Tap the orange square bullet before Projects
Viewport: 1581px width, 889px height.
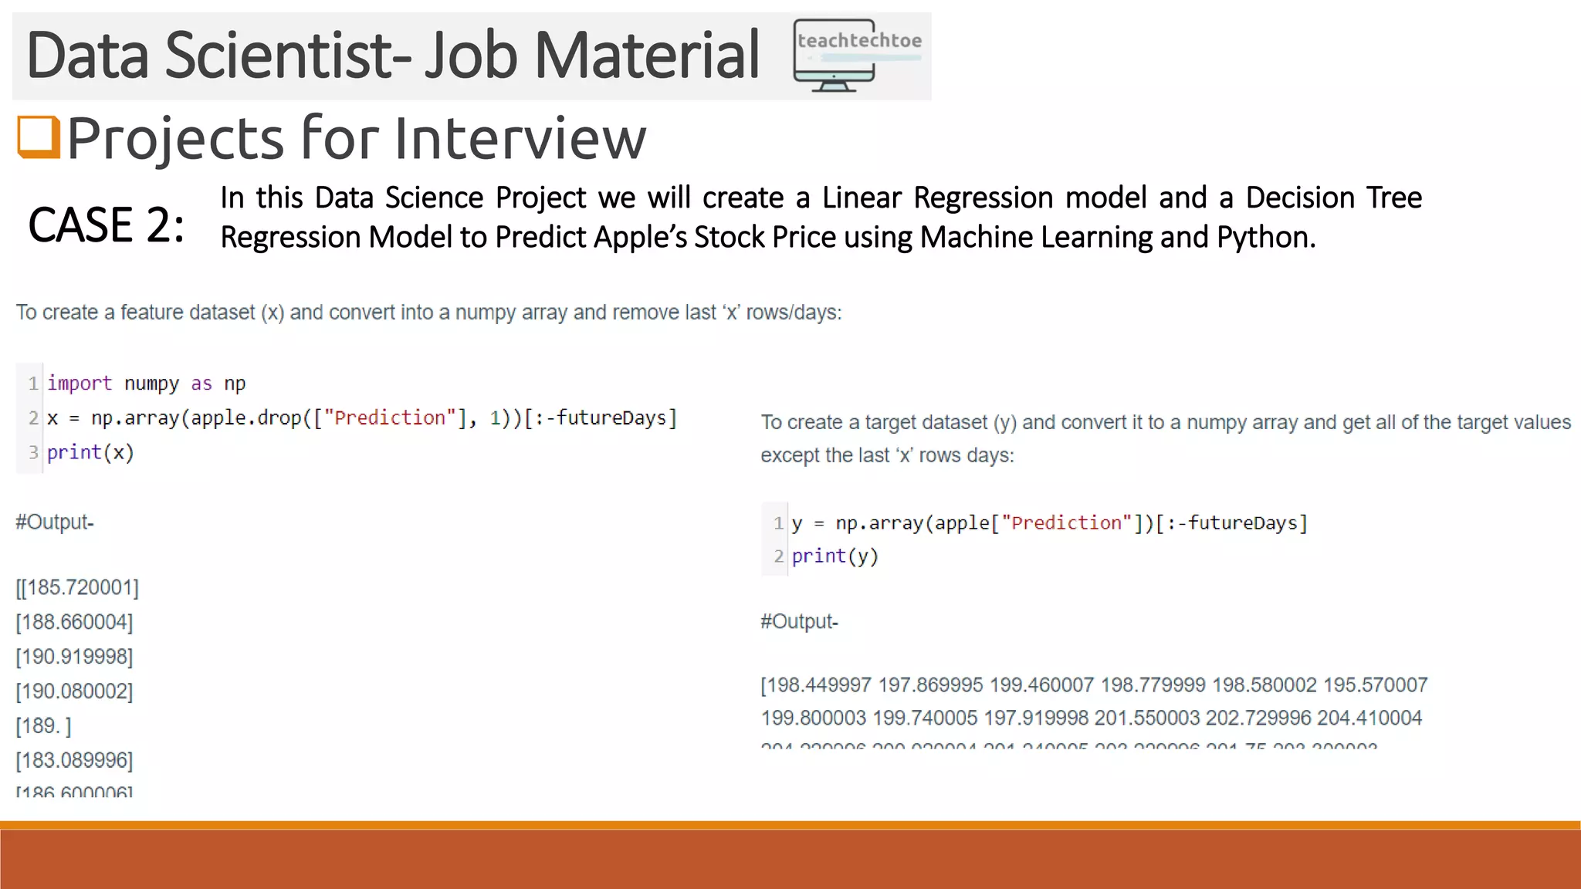pyautogui.click(x=39, y=137)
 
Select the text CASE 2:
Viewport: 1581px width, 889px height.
pyautogui.click(x=107, y=225)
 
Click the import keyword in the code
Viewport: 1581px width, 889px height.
pyautogui.click(x=80, y=384)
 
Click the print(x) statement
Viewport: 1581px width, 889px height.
pyautogui.click(x=90, y=453)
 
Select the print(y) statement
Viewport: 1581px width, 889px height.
pyautogui.click(x=835, y=556)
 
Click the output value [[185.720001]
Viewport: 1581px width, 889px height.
pyautogui.click(x=77, y=588)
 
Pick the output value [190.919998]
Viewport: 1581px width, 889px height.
pyautogui.click(x=74, y=657)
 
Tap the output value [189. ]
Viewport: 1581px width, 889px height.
pyautogui.click(x=43, y=726)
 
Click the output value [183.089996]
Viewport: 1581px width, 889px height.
pyautogui.click(x=74, y=761)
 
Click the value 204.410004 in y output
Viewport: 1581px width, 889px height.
pyautogui.click(x=1369, y=718)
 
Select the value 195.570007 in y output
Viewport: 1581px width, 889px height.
pyautogui.click(x=1375, y=685)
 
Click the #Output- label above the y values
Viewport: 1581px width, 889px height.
pyautogui.click(x=799, y=622)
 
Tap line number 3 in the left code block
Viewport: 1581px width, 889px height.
pyautogui.click(x=33, y=453)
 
